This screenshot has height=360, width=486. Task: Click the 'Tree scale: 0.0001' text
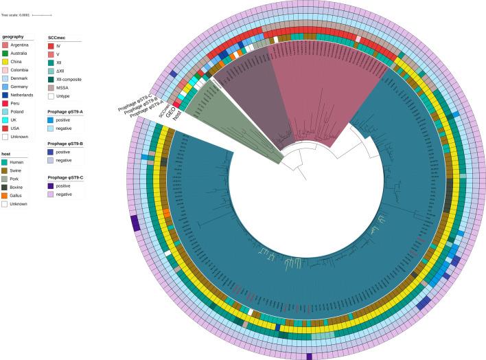(x=15, y=14)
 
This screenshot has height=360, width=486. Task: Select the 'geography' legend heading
(x=14, y=36)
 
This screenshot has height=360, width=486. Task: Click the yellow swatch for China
(x=5, y=62)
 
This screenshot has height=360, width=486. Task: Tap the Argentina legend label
(x=20, y=45)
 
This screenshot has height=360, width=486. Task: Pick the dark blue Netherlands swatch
(x=5, y=95)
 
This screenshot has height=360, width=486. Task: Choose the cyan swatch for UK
(x=5, y=120)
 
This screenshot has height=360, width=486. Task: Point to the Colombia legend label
(x=19, y=70)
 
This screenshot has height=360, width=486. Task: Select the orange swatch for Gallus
(x=5, y=195)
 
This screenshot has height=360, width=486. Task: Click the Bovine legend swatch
(x=5, y=187)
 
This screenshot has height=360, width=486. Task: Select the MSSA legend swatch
(x=51, y=87)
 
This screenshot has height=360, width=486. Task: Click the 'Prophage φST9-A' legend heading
(x=65, y=111)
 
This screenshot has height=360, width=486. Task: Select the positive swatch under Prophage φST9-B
(x=51, y=152)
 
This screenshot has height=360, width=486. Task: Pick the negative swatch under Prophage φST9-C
(x=51, y=194)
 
